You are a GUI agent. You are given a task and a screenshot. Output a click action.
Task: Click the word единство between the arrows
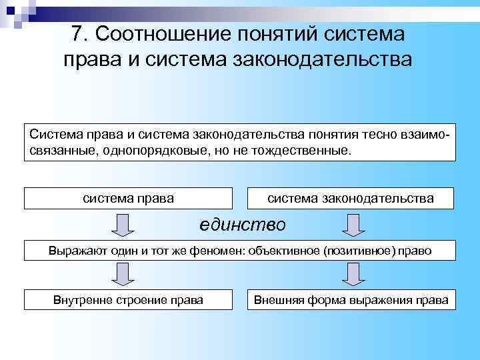(243, 225)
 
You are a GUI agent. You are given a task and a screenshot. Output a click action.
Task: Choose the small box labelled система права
(129, 198)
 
